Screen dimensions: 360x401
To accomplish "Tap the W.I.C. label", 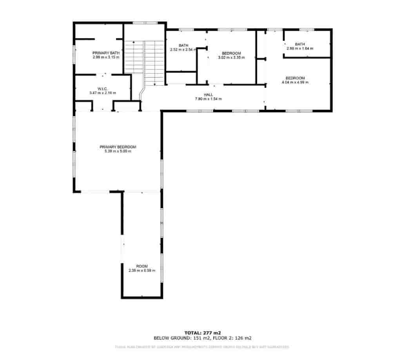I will tap(103, 89).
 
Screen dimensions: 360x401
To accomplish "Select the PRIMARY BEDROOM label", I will tap(118, 147).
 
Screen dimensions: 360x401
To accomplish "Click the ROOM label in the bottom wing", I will tap(142, 266).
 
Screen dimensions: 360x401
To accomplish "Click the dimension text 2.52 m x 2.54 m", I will tap(183, 50).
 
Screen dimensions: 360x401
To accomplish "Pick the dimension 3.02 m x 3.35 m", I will tap(231, 58).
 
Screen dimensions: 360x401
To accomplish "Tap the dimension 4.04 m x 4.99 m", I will tap(295, 82).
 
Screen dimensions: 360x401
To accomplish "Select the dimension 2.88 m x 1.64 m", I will tap(300, 49).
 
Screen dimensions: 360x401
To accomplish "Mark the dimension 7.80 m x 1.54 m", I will tap(208, 99).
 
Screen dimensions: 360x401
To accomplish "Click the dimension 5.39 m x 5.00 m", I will tap(118, 151).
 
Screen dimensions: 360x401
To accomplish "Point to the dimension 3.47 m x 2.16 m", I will tap(103, 93).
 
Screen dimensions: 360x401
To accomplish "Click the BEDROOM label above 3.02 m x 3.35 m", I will tap(231, 53).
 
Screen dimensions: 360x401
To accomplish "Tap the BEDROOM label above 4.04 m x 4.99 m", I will tap(295, 78).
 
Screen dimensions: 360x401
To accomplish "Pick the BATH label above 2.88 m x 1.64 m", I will tap(300, 44).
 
